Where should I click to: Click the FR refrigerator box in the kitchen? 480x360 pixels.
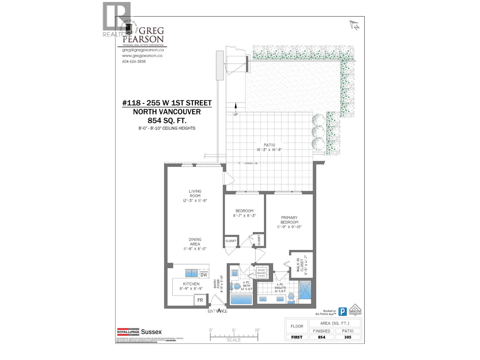click(x=200, y=300)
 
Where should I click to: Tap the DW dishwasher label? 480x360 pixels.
click(x=204, y=274)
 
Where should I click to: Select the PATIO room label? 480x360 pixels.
click(x=269, y=145)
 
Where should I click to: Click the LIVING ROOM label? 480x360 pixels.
click(x=195, y=193)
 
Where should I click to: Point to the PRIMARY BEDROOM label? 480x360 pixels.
click(x=289, y=220)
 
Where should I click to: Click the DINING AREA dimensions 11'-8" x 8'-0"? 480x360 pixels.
click(x=195, y=249)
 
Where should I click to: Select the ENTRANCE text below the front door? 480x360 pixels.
click(x=217, y=311)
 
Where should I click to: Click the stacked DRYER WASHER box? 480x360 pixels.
click(x=261, y=272)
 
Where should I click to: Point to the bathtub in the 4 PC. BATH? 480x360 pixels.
click(x=241, y=299)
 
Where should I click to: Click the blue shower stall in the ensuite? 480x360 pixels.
click(x=305, y=290)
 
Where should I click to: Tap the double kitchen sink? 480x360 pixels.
click(x=191, y=273)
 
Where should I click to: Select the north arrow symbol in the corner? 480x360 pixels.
click(x=354, y=25)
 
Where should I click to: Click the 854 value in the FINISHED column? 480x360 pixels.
click(x=321, y=337)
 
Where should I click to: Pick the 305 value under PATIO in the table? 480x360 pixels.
click(x=348, y=337)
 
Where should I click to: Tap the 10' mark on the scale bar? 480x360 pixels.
click(x=257, y=330)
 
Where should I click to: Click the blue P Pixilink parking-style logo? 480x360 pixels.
click(x=342, y=311)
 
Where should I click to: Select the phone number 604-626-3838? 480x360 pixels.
click(x=134, y=61)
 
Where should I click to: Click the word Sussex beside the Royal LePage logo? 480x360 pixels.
click(x=151, y=332)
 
